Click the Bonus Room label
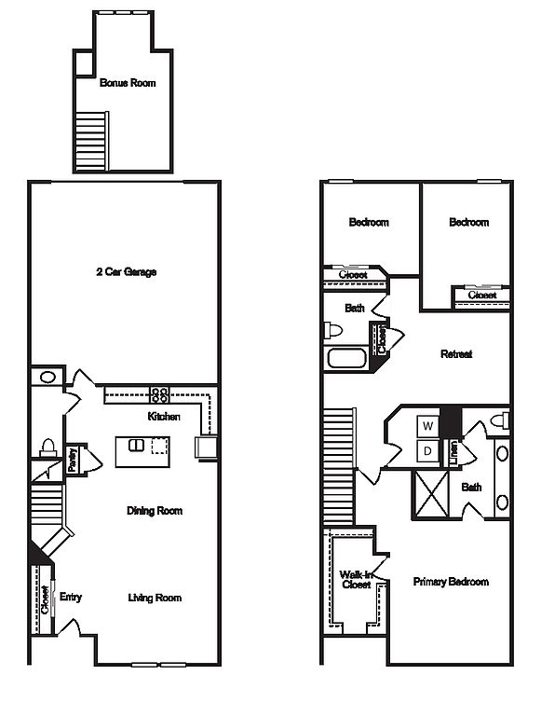tap(128, 83)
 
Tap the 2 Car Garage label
tap(127, 271)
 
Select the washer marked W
tap(428, 426)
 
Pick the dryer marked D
tap(428, 451)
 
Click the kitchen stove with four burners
tap(159, 394)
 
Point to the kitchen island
tap(142, 451)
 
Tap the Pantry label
tap(72, 460)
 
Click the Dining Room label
tap(155, 511)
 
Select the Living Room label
tap(155, 598)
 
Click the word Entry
tap(71, 597)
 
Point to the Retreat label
tap(456, 354)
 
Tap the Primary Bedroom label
tap(451, 582)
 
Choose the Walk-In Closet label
tap(357, 580)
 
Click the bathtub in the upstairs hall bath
tap(347, 358)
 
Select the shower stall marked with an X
tap(430, 495)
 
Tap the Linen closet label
tap(453, 453)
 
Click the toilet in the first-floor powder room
tap(47, 447)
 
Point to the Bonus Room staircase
tap(91, 142)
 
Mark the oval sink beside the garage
tap(47, 378)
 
